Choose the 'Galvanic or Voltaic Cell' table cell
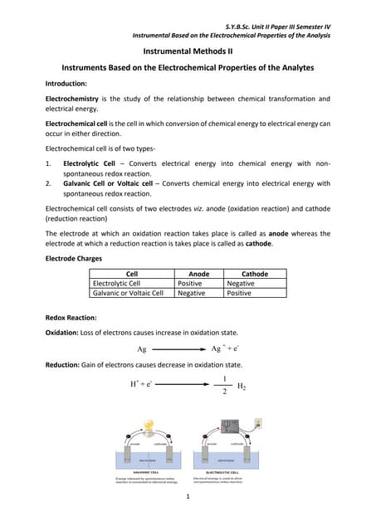tap(128, 293)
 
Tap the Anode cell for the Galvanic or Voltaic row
tap(192, 293)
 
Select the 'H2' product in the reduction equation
tap(242, 387)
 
